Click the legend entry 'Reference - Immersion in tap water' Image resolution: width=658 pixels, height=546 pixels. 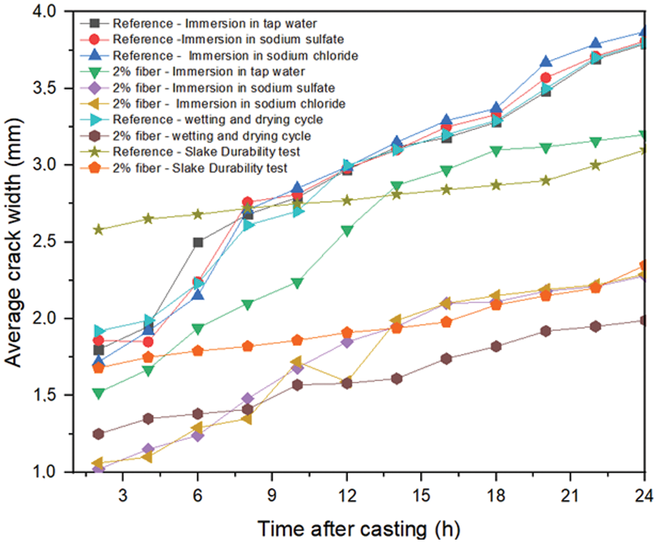[214, 24]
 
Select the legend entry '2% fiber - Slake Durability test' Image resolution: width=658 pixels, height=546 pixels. [200, 168]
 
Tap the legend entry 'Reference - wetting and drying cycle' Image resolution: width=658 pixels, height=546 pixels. [217, 120]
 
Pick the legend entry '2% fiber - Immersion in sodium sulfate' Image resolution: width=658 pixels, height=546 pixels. [223, 88]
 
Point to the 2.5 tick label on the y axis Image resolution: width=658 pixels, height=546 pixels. [45, 242]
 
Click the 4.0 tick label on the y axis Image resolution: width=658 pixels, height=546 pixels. [45, 12]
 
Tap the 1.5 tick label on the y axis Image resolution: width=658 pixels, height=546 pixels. [45, 395]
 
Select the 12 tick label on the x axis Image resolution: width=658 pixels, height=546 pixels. [346, 495]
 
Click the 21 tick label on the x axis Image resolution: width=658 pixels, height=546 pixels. [570, 495]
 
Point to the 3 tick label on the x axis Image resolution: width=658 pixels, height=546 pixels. [123, 495]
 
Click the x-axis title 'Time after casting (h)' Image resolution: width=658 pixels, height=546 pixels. [358, 529]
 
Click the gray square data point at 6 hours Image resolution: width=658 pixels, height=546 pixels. [198, 242]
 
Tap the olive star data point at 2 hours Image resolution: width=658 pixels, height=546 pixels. [98, 230]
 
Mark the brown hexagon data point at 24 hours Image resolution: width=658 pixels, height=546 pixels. [644, 320]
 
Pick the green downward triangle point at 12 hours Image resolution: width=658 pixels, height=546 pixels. [347, 231]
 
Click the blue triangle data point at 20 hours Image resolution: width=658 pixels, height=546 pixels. [545, 62]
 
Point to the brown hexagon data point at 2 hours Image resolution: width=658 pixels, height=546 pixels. [98, 434]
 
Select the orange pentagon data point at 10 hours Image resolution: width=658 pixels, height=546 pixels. [297, 340]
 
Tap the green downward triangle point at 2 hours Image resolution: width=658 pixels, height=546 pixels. [98, 393]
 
